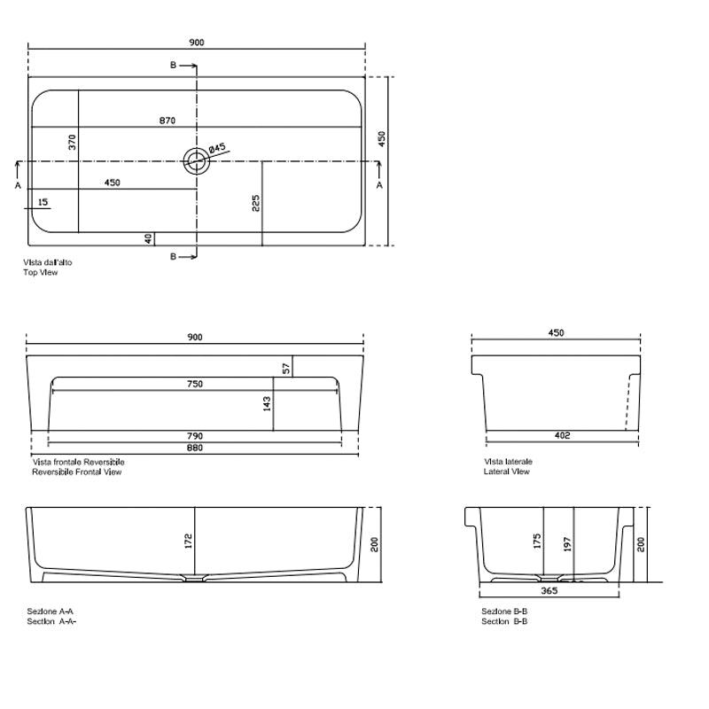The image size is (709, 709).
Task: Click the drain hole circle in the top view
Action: [196, 160]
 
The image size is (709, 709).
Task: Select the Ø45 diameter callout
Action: [219, 148]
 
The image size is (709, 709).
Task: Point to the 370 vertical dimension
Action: [74, 141]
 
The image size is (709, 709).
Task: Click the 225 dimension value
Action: [255, 204]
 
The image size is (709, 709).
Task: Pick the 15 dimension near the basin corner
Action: [43, 202]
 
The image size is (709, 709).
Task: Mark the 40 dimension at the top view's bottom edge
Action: [148, 238]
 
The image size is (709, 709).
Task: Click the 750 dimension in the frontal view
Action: [195, 384]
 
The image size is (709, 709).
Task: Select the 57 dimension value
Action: [285, 367]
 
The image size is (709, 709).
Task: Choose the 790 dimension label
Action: [195, 436]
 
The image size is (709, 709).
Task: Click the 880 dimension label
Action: [195, 448]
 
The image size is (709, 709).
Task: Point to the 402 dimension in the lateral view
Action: [562, 435]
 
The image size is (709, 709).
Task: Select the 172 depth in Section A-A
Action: [188, 541]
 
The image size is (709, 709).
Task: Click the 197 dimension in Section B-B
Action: [567, 542]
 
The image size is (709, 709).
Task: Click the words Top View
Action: [42, 273]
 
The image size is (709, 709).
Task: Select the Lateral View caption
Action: [507, 471]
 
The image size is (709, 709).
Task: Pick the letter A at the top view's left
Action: [18, 185]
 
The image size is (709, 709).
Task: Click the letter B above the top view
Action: [173, 66]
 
